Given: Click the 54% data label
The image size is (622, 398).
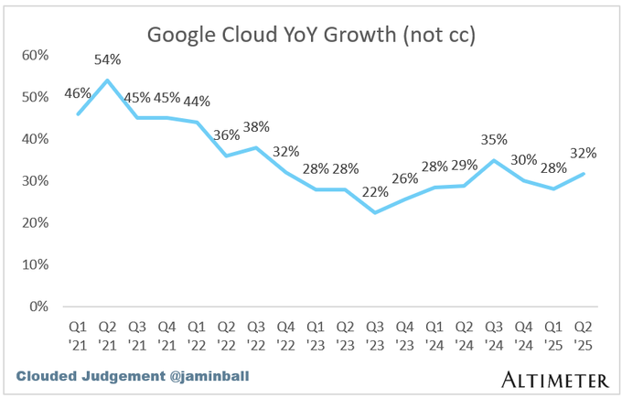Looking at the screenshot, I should click(109, 60).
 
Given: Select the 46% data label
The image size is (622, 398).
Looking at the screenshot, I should click(79, 94).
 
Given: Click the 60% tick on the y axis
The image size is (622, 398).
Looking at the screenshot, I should click(34, 55).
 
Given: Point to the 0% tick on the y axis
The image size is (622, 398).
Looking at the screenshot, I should click(38, 307).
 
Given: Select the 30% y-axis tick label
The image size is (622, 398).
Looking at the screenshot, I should click(34, 181).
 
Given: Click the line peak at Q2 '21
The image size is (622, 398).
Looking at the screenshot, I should click(109, 81).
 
